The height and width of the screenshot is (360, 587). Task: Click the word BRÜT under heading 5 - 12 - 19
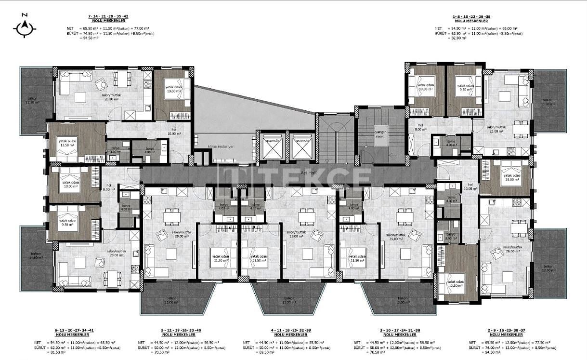[143, 347]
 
